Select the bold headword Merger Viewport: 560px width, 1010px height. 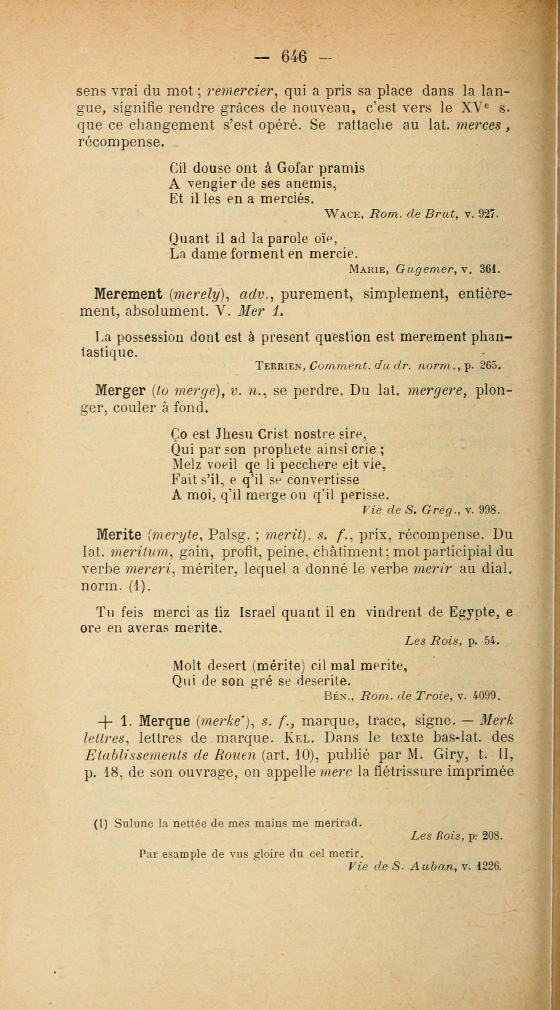pyautogui.click(x=121, y=391)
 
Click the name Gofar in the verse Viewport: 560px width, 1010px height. pyautogui.click(x=294, y=168)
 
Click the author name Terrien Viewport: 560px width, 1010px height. pyautogui.click(x=280, y=365)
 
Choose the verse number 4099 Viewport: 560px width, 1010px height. pyautogui.click(x=486, y=696)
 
